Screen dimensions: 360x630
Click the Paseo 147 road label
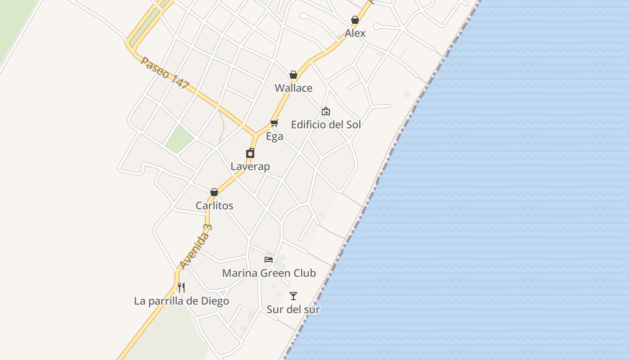165,72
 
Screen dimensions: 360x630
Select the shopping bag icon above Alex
355,20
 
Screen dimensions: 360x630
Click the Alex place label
355,33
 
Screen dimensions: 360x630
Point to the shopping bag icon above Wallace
293,75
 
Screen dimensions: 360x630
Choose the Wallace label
293,88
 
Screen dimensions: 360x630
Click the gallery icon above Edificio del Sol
325,111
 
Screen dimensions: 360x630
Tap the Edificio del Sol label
326,125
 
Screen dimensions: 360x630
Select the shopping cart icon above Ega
274,123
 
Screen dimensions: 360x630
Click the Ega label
274,136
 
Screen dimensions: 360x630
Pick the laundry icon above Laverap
250,153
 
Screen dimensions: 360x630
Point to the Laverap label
250,166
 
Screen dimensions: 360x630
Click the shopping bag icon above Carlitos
214,192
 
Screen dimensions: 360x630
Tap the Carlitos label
214,206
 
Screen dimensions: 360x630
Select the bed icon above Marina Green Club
269,260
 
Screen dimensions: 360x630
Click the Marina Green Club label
269,273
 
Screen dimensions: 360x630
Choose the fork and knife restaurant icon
181,288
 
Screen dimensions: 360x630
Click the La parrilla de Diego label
181,301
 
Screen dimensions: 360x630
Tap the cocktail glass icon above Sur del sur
293,296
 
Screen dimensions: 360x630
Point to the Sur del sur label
293,310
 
